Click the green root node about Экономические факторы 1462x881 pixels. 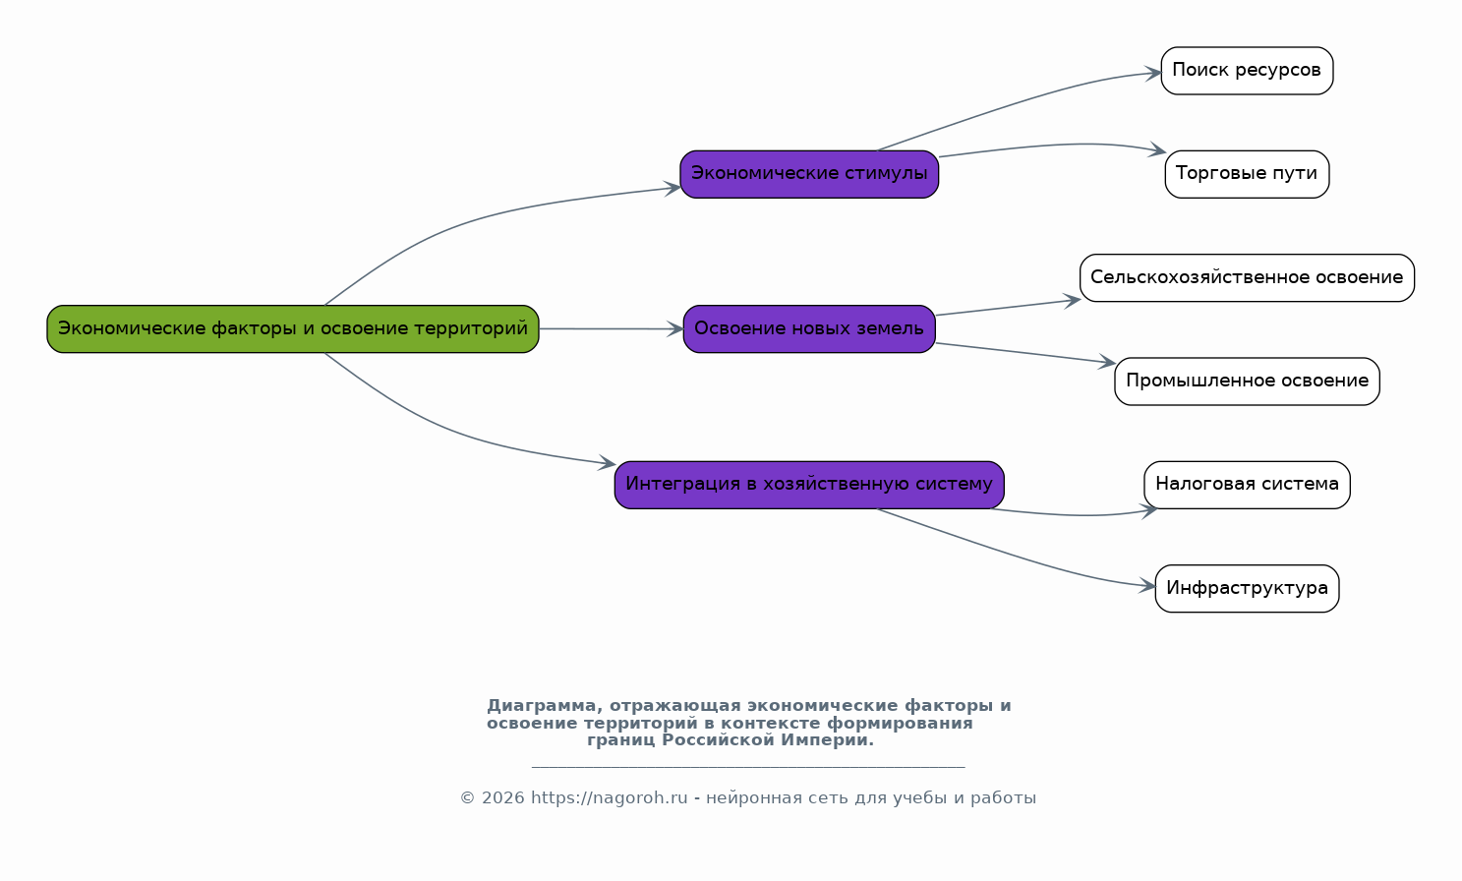[292, 329]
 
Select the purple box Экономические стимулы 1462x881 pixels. [809, 174]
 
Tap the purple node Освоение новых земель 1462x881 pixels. [809, 329]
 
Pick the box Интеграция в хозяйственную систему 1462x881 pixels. [809, 485]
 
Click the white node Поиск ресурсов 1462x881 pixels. [1247, 71]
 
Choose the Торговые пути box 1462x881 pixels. [1247, 174]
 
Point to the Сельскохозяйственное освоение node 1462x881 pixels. [1247, 278]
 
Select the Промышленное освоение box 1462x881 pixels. [1247, 382]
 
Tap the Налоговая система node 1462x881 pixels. [1247, 485]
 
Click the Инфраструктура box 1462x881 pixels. [1247, 589]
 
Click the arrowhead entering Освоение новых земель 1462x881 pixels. [674, 329]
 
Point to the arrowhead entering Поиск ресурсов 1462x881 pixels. [1152, 73]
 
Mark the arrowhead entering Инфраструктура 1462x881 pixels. [1147, 585]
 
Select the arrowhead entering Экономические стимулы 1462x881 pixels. [673, 188]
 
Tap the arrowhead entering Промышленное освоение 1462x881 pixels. [1107, 362]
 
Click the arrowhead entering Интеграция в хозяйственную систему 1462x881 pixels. [607, 463]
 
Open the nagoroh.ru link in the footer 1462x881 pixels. [609, 798]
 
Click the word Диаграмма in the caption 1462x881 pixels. [541, 706]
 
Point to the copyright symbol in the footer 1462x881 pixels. [467, 798]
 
